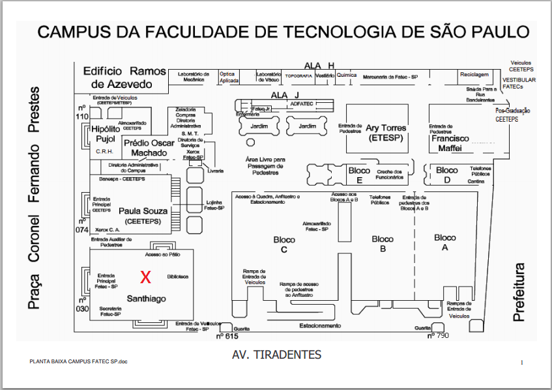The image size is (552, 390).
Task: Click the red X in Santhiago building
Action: coord(146,277)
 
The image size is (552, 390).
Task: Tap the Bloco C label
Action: coord(284,244)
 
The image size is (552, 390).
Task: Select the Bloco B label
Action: coord(383,244)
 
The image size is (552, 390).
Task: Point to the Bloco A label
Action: coord(445,242)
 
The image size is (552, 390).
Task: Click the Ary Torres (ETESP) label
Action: coord(385,133)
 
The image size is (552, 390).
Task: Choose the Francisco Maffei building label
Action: coord(450,143)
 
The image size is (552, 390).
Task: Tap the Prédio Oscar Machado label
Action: coord(149,148)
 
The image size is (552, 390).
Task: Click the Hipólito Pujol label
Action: coord(104,134)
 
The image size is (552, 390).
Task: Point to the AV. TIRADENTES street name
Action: coord(276,355)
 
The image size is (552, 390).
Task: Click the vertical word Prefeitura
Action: coord(519,292)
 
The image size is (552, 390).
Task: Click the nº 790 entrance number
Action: coord(438,336)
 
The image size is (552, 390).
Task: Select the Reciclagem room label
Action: coord(474,75)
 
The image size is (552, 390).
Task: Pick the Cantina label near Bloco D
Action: coord(476,182)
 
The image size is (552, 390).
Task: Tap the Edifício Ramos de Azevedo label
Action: coord(121,77)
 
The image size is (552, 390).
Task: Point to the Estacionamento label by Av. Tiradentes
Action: coord(319,325)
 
